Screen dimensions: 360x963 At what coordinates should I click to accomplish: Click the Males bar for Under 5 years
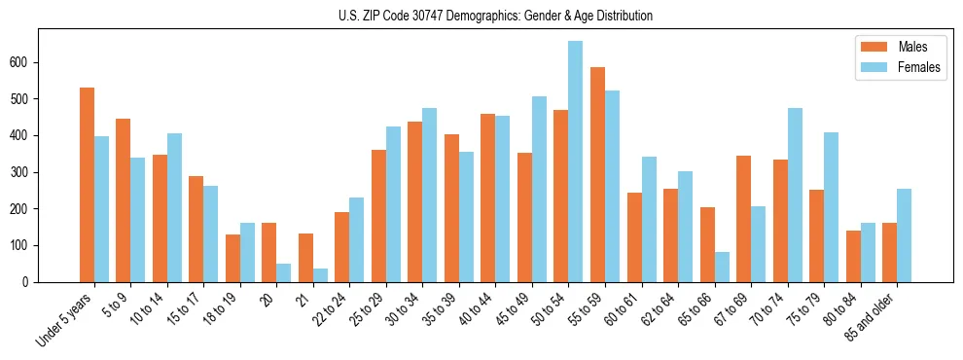(x=87, y=185)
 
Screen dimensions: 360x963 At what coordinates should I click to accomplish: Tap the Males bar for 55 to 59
(x=597, y=174)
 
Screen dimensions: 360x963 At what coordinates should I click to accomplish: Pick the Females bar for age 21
(x=320, y=275)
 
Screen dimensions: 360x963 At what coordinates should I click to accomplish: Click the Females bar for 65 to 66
(x=722, y=267)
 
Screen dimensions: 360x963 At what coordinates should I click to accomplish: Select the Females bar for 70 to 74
(x=795, y=195)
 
